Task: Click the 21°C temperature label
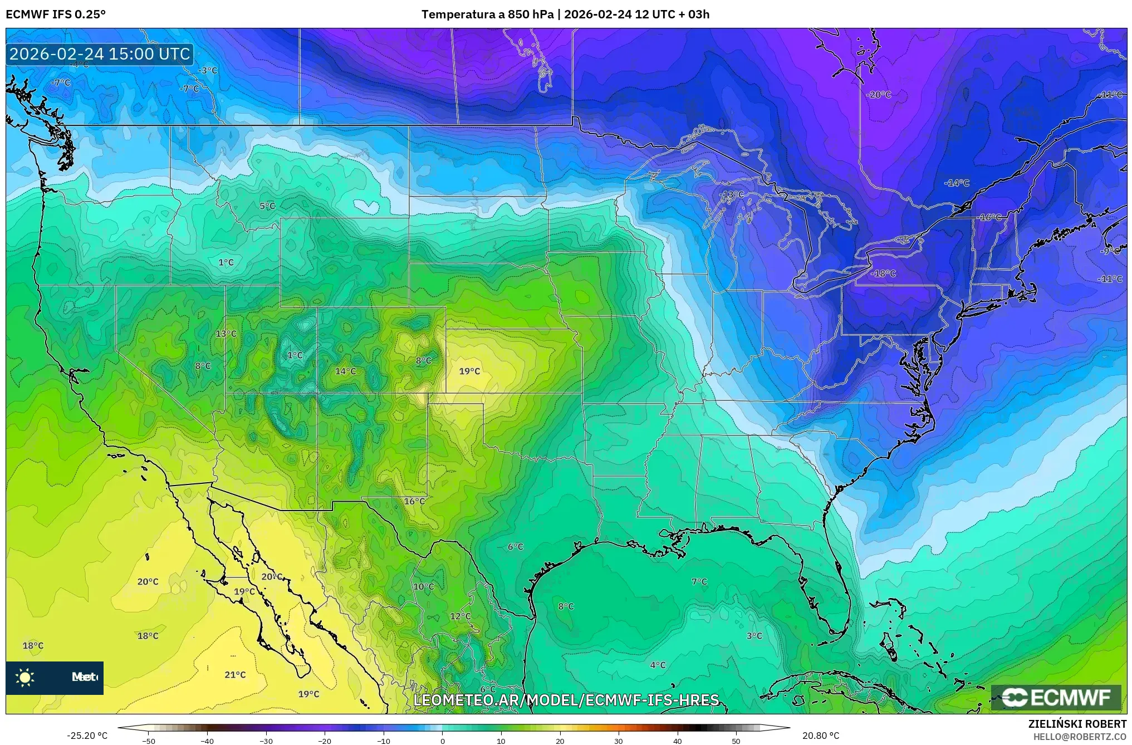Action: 235,675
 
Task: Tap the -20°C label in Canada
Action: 879,95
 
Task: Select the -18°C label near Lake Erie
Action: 884,273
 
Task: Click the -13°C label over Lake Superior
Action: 732,194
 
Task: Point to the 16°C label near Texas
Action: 414,501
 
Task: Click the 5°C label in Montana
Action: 267,206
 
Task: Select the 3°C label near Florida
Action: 754,636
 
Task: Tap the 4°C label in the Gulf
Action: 658,665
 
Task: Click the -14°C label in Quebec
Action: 957,183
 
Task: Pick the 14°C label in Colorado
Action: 345,371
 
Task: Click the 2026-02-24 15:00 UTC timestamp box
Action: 100,54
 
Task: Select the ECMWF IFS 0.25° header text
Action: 56,14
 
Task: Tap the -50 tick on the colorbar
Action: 149,741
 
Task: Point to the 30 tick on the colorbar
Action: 619,741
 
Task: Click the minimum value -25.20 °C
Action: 87,736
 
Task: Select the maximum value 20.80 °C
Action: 821,736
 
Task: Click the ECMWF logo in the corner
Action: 1056,697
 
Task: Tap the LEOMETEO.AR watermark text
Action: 566,700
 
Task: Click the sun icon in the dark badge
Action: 25,678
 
